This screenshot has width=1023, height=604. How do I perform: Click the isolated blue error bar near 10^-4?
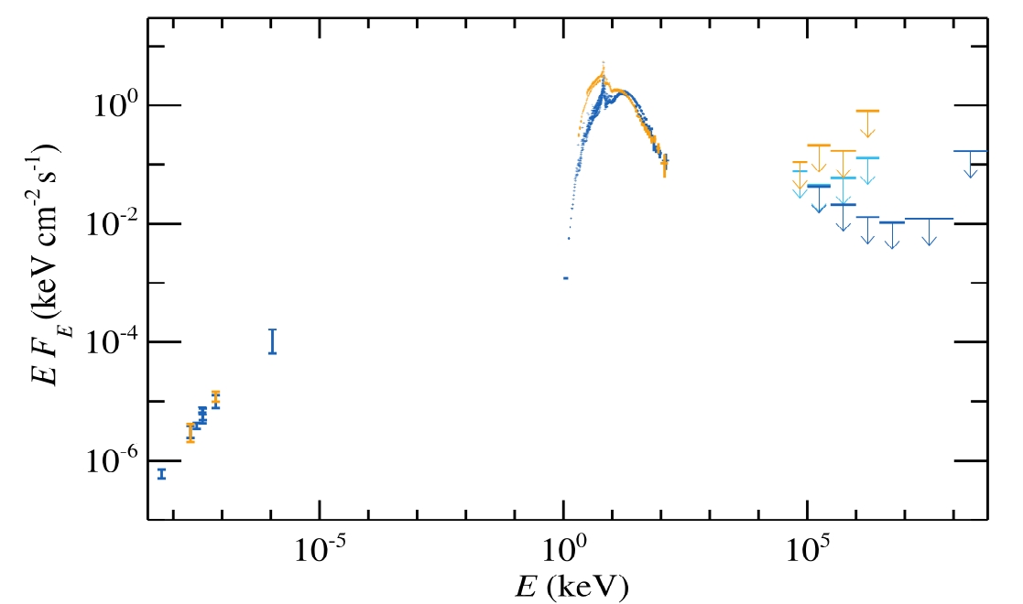point(272,340)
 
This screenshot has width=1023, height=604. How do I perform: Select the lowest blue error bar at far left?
point(162,473)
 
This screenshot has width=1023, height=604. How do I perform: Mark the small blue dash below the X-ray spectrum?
point(565,277)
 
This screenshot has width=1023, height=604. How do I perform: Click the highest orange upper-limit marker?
point(867,111)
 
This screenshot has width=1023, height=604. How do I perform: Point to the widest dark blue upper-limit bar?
point(929,220)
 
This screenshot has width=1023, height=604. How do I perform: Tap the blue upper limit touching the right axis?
point(970,151)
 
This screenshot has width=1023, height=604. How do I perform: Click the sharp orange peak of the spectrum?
point(604,64)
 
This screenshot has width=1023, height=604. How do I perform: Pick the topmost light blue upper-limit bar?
point(867,157)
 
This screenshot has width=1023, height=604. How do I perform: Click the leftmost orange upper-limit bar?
point(799,162)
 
